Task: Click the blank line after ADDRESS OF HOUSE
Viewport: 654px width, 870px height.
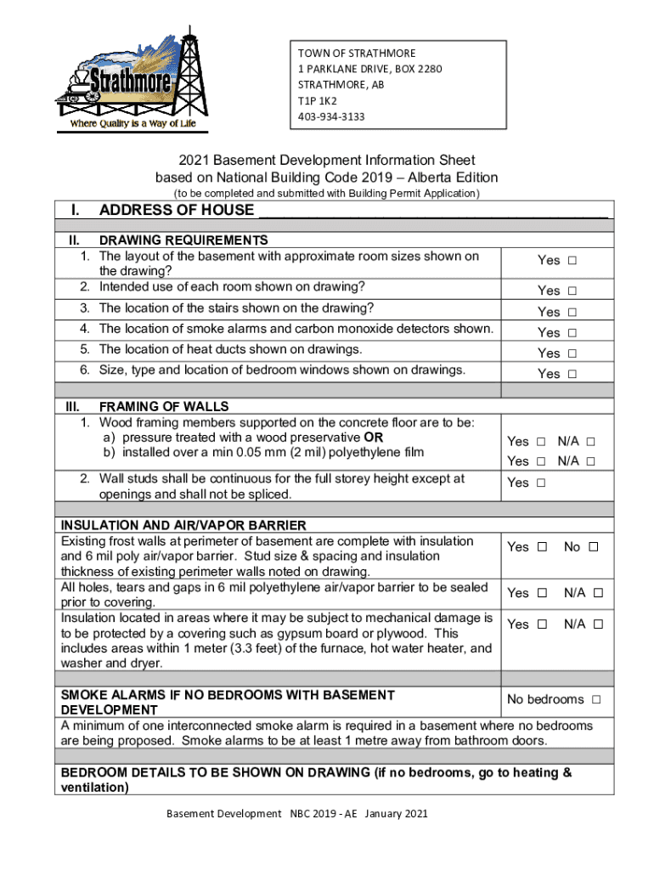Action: pyautogui.click(x=432, y=211)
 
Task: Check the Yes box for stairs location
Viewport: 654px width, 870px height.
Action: pyautogui.click(x=572, y=312)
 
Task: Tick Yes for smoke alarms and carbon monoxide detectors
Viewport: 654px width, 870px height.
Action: pyautogui.click(x=572, y=333)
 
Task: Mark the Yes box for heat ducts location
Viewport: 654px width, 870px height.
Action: pyautogui.click(x=572, y=353)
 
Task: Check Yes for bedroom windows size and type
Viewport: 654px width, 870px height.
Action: pyautogui.click(x=572, y=374)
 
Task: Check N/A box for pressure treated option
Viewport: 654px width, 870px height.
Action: pyautogui.click(x=590, y=442)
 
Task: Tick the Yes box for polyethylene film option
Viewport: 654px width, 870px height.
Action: pyautogui.click(x=541, y=461)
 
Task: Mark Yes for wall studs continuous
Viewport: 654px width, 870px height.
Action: pyautogui.click(x=541, y=483)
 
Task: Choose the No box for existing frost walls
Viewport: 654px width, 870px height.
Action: pyautogui.click(x=594, y=547)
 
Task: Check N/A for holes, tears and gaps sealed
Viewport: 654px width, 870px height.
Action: pyautogui.click(x=598, y=593)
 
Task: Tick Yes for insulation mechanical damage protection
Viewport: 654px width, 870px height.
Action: pyautogui.click(x=541, y=624)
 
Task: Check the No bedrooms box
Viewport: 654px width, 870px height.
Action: pyautogui.click(x=596, y=700)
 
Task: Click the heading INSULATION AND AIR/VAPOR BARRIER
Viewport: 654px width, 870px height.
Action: pyautogui.click(x=183, y=526)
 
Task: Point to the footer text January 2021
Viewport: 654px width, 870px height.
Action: pyautogui.click(x=397, y=814)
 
